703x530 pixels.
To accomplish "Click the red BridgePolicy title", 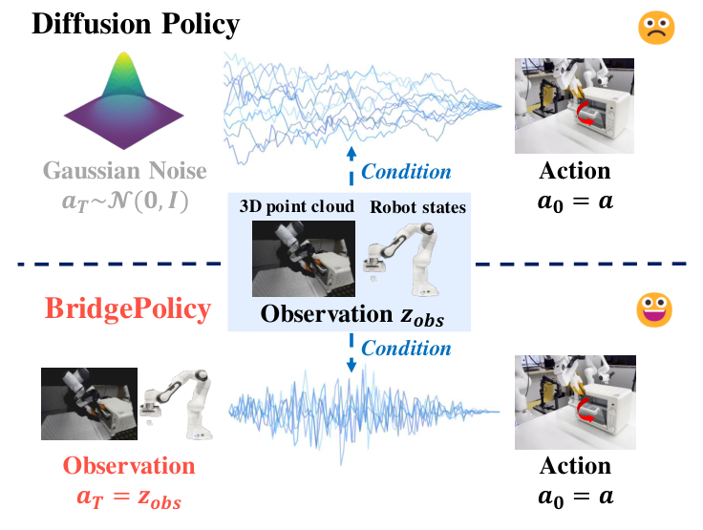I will pos(127,309).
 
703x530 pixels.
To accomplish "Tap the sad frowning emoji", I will pos(656,27).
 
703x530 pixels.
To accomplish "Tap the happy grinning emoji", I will pos(656,309).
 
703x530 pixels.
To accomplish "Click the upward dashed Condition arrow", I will pos(351,165).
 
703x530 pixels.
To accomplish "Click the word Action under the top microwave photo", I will pos(575,171).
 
